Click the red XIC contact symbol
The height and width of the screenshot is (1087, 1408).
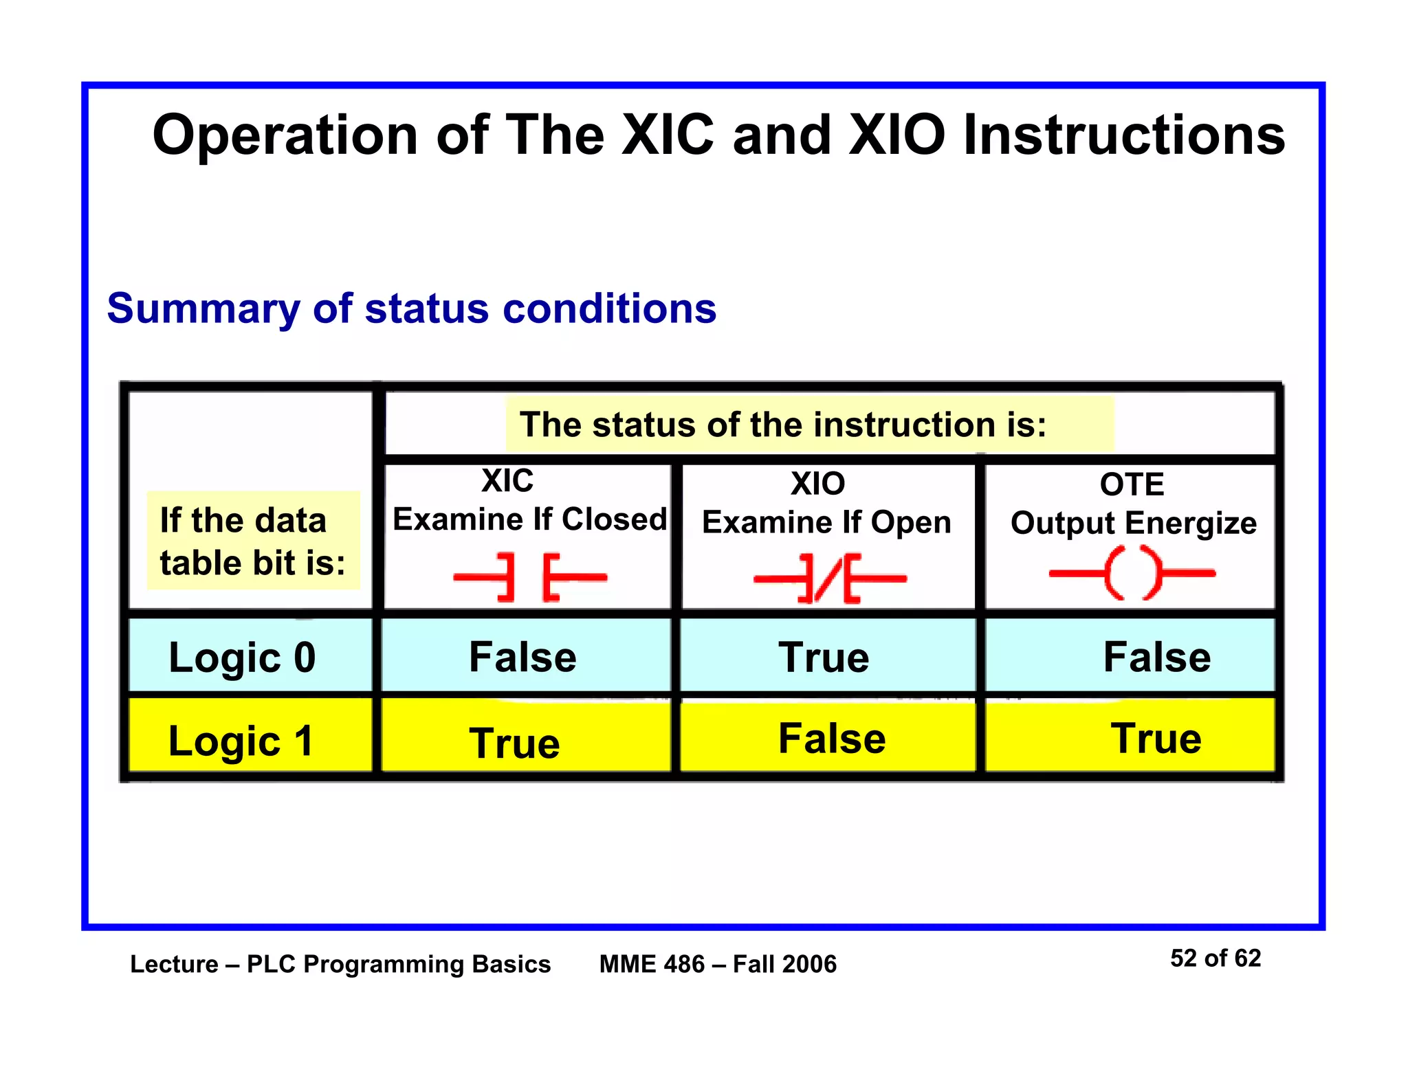[x=530, y=577]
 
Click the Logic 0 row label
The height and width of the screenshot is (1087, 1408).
[x=242, y=658]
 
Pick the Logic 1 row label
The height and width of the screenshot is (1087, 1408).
[x=241, y=741]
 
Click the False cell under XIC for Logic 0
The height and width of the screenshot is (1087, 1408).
[x=522, y=657]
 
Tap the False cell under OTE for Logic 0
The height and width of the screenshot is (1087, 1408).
[x=1157, y=657]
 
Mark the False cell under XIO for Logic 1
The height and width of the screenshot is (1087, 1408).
[x=832, y=739]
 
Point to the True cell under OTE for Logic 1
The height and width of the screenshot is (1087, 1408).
[x=1156, y=739]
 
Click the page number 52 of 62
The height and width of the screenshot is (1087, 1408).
[x=1215, y=958]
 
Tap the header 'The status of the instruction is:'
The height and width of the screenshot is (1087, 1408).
[x=783, y=425]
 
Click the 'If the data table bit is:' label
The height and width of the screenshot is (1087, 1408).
[x=252, y=541]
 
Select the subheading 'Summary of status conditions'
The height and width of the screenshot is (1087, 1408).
[x=412, y=308]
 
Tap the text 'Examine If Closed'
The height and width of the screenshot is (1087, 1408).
[x=529, y=519]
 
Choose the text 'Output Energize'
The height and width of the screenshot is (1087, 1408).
[x=1133, y=523]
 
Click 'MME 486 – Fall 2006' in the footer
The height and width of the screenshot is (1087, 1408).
[x=718, y=964]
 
